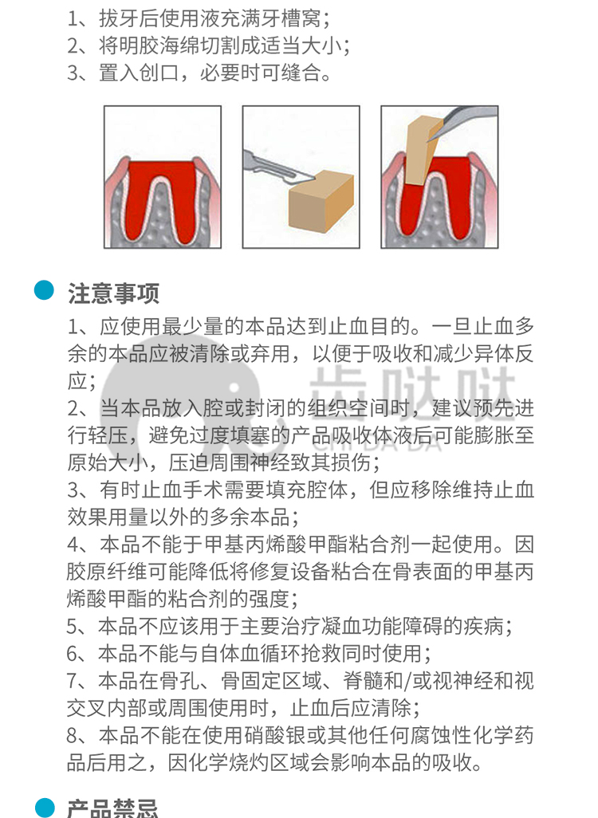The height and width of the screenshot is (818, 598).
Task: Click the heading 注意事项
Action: point(113,293)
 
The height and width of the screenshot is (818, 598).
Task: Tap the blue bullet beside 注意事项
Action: point(45,290)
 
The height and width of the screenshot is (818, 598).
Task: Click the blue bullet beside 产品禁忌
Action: point(45,808)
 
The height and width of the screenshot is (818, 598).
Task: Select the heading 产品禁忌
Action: point(112,808)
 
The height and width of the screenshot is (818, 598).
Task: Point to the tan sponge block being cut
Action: point(321,202)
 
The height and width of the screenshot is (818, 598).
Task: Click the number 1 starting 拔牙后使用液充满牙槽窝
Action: point(73,19)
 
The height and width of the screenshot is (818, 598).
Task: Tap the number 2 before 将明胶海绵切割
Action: point(73,46)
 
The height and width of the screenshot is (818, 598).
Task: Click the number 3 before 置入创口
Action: point(73,73)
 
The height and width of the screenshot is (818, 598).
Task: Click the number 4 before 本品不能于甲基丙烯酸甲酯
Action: point(73,544)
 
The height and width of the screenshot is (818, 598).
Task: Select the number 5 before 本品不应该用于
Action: point(73,626)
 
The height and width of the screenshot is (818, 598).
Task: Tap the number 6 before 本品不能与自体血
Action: point(73,653)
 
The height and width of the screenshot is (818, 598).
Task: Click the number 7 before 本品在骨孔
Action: point(73,680)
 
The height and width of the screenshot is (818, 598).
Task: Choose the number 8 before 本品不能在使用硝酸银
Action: point(73,735)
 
